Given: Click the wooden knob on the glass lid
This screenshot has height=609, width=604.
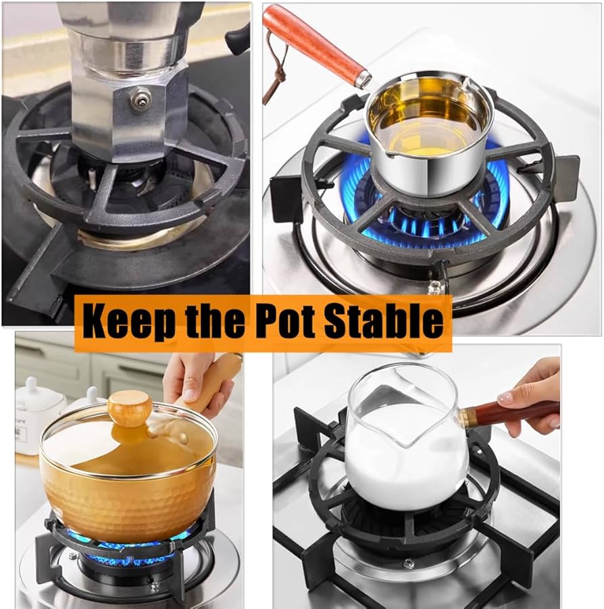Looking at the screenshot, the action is (130, 408).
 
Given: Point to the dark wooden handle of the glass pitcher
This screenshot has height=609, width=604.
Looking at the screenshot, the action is (509, 414).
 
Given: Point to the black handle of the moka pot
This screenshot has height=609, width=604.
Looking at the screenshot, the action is (238, 39).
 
